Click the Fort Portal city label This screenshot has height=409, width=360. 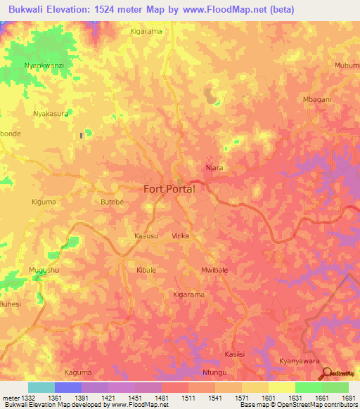click(x=169, y=188)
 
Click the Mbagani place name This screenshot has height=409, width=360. click(x=316, y=99)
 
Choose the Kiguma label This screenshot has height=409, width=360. click(x=44, y=202)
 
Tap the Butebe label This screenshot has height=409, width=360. click(x=112, y=202)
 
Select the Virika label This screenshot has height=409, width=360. click(x=181, y=237)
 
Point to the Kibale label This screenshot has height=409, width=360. click(x=146, y=270)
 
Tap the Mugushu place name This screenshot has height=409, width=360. click(x=44, y=270)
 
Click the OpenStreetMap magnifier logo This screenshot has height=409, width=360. click(x=326, y=373)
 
